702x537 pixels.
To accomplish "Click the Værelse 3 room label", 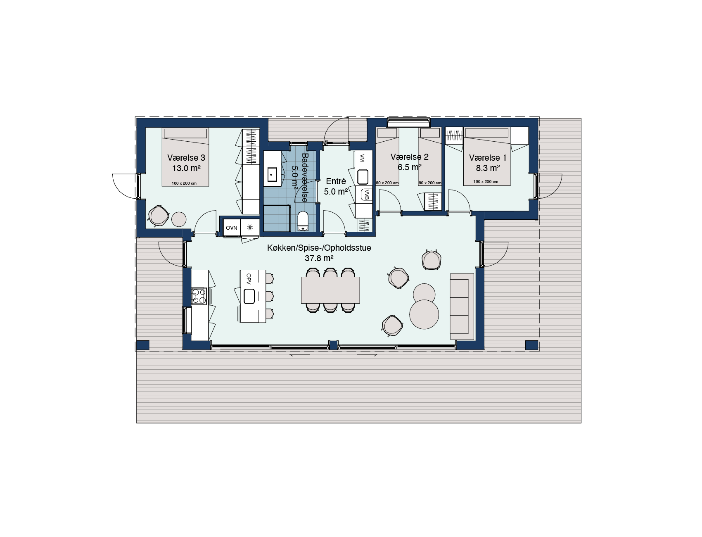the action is (186, 158).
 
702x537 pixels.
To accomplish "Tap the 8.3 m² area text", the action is (488, 168).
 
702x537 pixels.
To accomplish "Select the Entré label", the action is (336, 181).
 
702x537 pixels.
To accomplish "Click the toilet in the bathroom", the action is (303, 221).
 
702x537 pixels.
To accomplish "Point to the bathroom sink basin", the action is (272, 175).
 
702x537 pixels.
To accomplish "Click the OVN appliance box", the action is (231, 228).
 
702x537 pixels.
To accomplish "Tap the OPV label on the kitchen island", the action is (249, 277).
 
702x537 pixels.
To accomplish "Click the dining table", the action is (330, 290).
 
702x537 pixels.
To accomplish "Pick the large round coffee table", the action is (424, 314).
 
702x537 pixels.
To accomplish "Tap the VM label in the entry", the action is (362, 157).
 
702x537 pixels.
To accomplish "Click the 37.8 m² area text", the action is (319, 258).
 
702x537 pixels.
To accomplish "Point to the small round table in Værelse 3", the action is (179, 219).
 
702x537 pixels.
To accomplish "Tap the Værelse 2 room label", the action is (409, 157).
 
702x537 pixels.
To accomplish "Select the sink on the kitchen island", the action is (249, 296).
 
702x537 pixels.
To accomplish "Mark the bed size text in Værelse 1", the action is (486, 182).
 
